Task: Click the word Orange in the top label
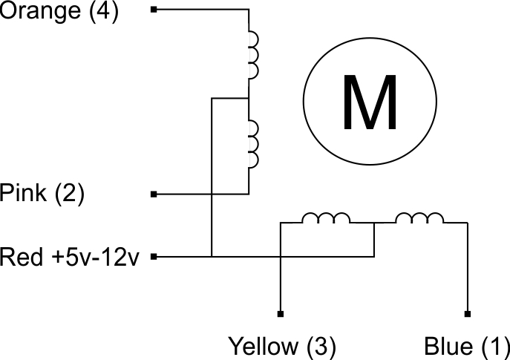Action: (x=40, y=10)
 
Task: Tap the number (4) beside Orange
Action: (x=104, y=10)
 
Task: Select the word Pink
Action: (x=23, y=193)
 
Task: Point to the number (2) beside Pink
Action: (x=69, y=194)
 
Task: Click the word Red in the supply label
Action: (x=22, y=256)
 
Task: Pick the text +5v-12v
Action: (x=95, y=256)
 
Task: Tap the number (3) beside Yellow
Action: (x=320, y=347)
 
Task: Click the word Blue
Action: (x=448, y=347)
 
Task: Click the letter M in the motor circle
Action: (x=370, y=102)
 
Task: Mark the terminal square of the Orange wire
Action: (x=154, y=10)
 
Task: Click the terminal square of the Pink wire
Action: (x=154, y=194)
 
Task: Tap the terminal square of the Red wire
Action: (x=154, y=257)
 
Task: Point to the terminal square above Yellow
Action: (x=281, y=314)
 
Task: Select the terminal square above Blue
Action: (x=468, y=314)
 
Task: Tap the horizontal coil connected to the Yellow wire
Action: (x=326, y=218)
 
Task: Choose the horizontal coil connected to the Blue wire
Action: (x=419, y=218)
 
